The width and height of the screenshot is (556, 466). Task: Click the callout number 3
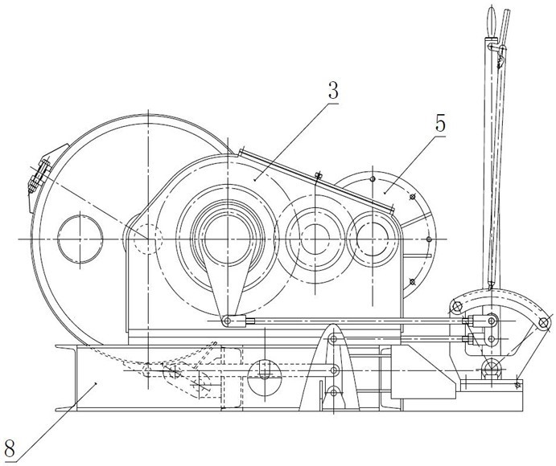333,91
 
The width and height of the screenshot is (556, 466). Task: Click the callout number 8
10,448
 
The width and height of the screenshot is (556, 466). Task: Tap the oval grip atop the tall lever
491,21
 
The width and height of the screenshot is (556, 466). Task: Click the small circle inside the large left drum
80,239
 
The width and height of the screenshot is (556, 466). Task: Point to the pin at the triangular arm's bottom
227,321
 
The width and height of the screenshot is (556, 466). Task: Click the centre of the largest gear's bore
227,239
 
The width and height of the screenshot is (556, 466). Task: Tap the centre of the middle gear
315,239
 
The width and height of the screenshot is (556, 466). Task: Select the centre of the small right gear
373,239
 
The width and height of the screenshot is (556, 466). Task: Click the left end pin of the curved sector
457,305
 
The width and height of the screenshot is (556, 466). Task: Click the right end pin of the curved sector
543,323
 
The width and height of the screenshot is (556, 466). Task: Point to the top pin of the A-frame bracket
333,339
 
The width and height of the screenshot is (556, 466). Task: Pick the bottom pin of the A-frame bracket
333,392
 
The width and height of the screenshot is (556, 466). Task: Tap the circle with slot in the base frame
265,378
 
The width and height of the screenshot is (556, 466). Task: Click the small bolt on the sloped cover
318,175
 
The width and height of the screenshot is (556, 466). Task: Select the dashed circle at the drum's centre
148,239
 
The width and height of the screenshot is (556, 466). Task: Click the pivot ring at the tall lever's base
491,366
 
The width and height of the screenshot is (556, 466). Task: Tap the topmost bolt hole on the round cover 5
373,178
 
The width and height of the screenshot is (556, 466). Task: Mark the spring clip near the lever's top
500,59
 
